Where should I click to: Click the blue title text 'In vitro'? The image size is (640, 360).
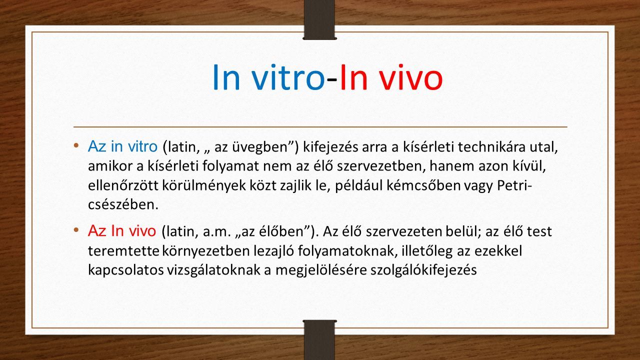click(268, 77)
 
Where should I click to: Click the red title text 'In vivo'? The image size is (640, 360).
click(391, 77)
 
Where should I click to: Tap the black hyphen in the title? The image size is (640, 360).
click(332, 80)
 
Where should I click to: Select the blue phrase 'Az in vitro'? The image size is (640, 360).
click(123, 146)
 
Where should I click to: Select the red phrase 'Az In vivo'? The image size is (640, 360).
click(122, 231)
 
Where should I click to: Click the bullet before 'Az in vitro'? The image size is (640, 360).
click(76, 145)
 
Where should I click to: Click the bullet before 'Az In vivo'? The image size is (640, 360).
click(76, 229)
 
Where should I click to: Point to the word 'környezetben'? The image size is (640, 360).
click(206, 251)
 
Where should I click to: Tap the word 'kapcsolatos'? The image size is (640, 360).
click(125, 270)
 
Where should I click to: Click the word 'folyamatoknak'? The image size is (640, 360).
click(347, 251)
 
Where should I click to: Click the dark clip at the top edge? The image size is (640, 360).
click(320, 19)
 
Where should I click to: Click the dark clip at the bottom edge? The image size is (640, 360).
click(320, 340)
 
